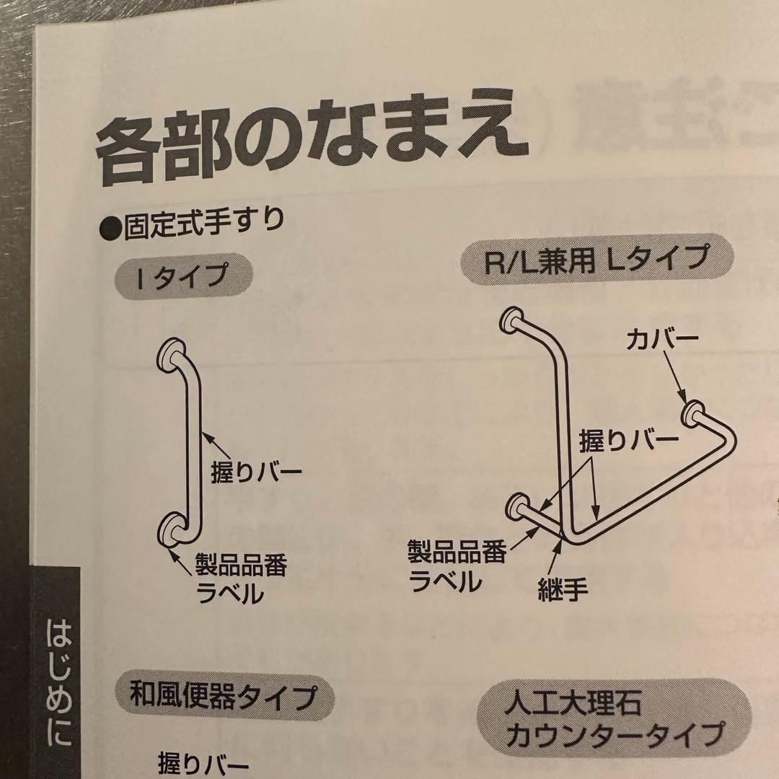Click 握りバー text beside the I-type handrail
[x=255, y=473]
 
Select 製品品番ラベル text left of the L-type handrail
[x=456, y=567]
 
